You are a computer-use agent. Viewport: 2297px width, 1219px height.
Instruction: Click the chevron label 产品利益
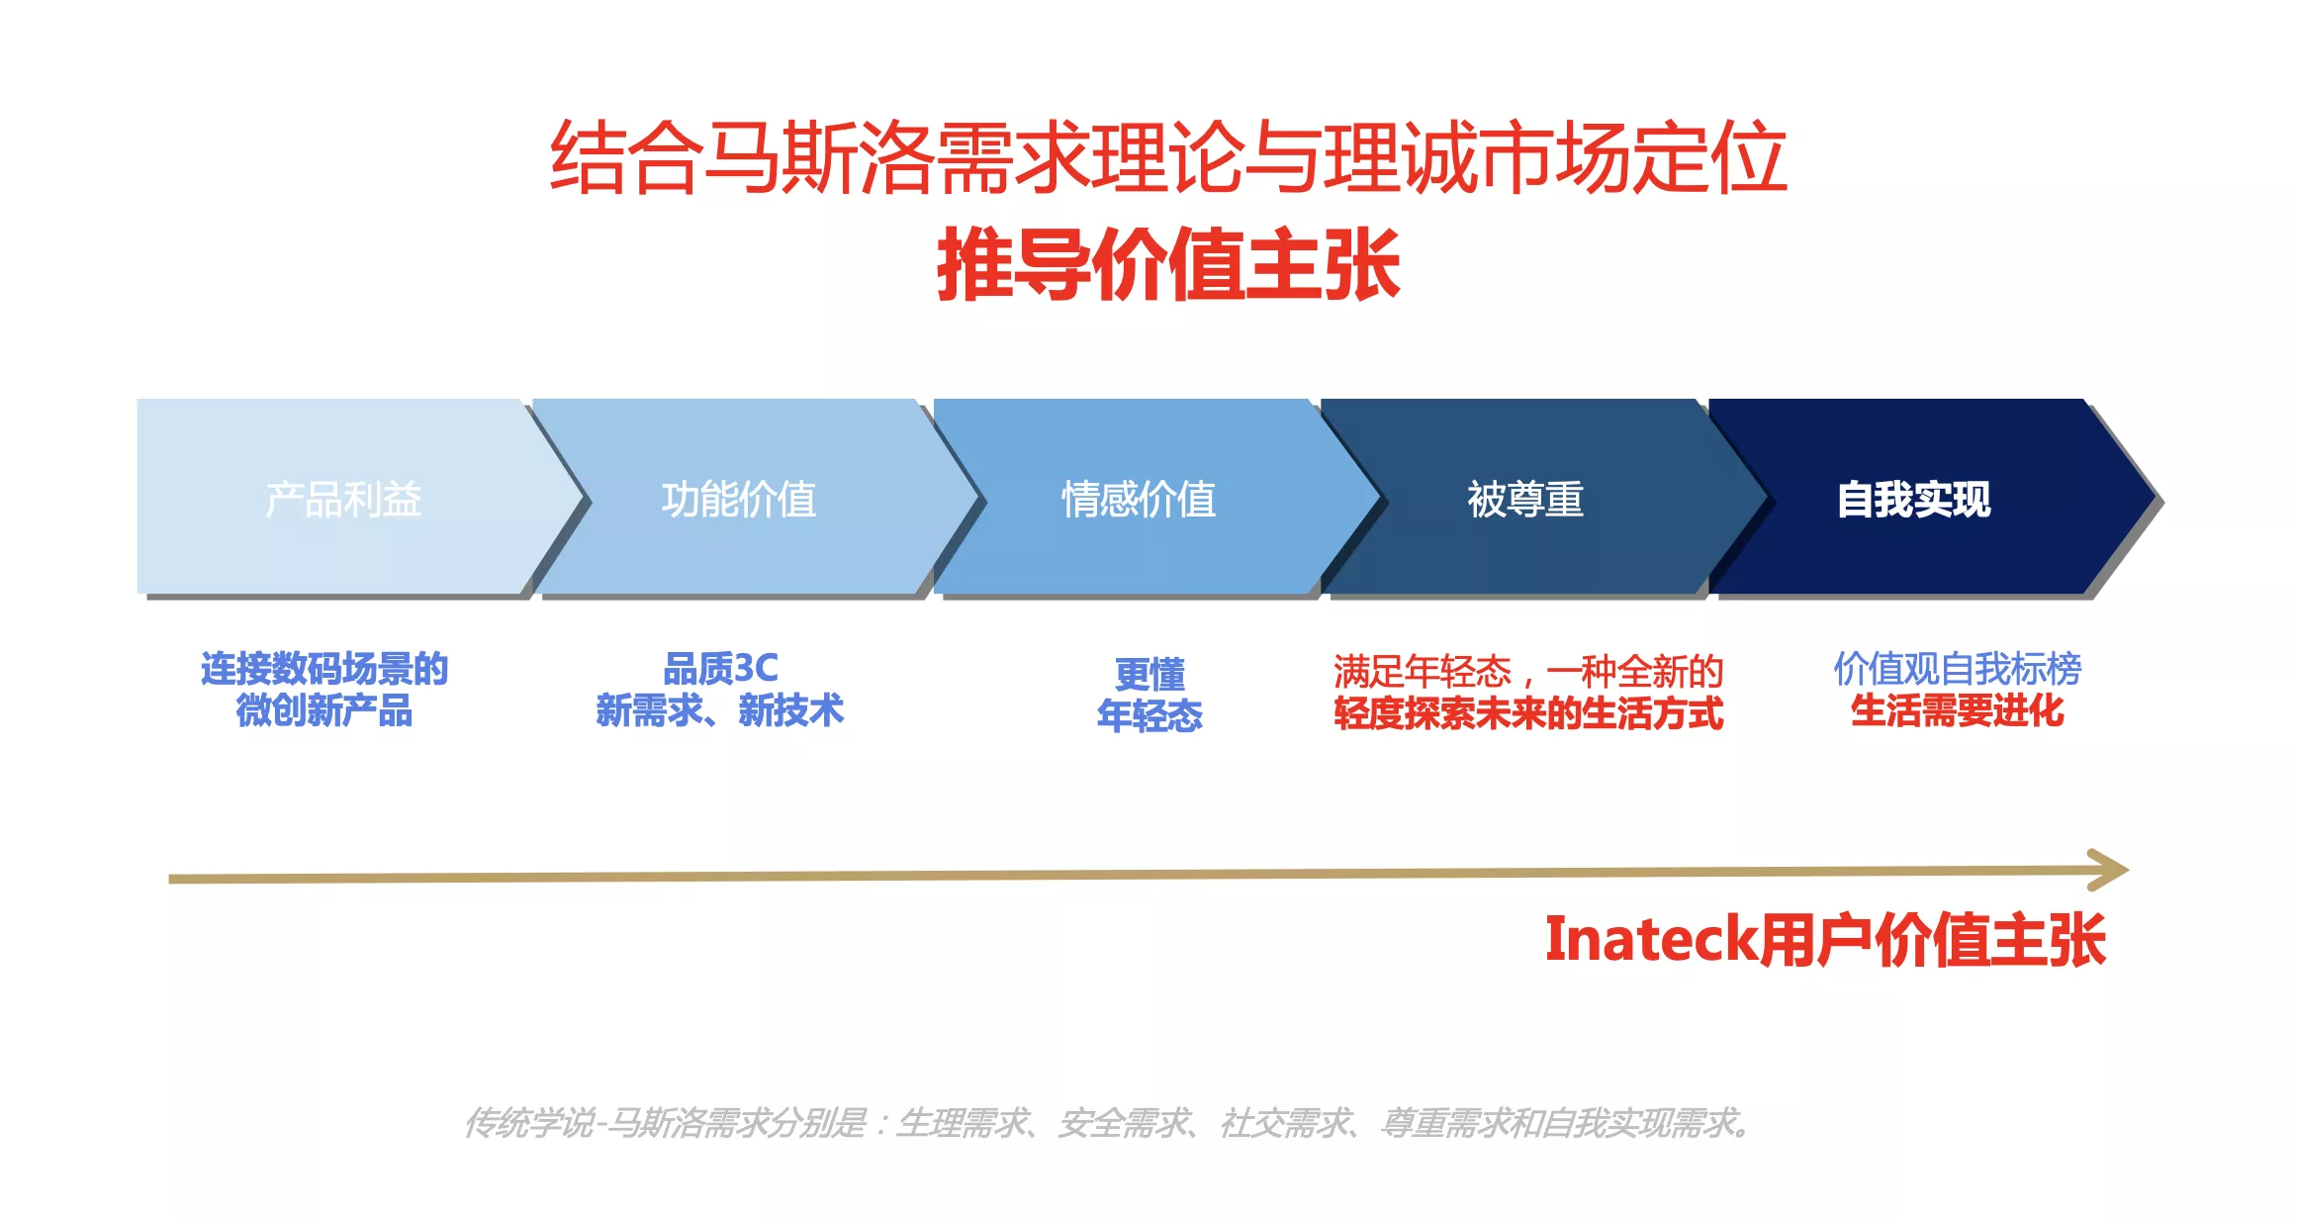click(x=343, y=500)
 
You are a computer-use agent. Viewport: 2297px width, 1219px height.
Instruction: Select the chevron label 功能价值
click(x=739, y=500)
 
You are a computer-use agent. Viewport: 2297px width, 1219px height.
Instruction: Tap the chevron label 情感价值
click(x=1139, y=500)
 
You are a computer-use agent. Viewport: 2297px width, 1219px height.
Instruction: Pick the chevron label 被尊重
click(x=1525, y=500)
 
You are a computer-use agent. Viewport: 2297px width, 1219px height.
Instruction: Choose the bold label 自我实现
click(x=1914, y=500)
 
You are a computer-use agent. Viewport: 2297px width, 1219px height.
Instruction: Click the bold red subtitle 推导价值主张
click(x=1168, y=264)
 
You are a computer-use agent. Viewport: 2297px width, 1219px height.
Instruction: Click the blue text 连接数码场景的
click(x=324, y=669)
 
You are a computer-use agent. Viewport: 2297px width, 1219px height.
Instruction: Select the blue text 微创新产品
click(x=324, y=710)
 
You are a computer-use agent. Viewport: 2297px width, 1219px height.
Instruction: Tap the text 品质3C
click(x=720, y=669)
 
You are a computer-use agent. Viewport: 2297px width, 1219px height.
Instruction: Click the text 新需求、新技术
click(x=720, y=710)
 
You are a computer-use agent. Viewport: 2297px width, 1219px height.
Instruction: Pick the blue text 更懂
click(x=1149, y=675)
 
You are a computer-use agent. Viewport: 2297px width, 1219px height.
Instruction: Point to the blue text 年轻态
click(x=1149, y=715)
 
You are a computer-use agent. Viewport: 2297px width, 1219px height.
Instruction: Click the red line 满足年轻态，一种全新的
click(x=1528, y=672)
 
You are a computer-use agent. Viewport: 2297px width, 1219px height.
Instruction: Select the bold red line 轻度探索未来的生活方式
click(x=1528, y=713)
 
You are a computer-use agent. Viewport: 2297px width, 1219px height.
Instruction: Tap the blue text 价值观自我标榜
click(x=1958, y=669)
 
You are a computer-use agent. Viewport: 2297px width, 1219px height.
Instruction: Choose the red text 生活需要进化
click(x=1958, y=710)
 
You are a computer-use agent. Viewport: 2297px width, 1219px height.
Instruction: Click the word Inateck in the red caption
click(x=1651, y=939)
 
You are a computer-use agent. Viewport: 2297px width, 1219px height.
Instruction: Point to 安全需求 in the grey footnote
click(x=1123, y=1123)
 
